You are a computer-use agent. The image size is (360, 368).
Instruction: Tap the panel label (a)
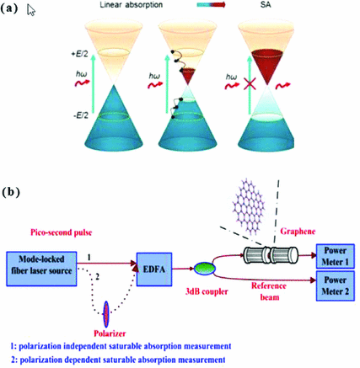tap(11, 9)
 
